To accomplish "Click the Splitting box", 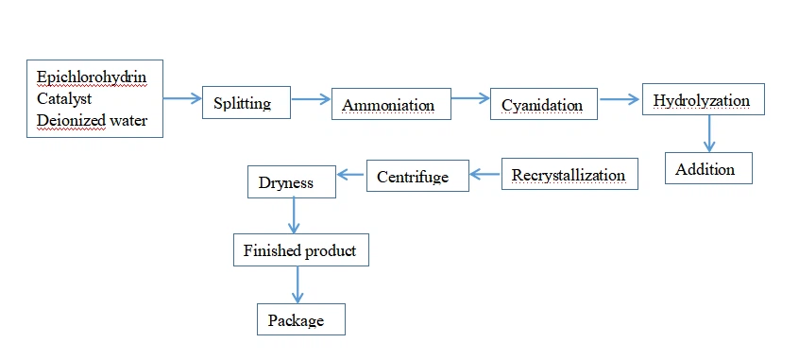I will pyautogui.click(x=242, y=102).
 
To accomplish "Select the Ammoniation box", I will pyautogui.click(x=387, y=104).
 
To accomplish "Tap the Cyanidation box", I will pyautogui.click(x=543, y=104).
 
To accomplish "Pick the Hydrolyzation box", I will pyautogui.click(x=702, y=100).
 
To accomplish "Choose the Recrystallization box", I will pyautogui.click(x=569, y=175).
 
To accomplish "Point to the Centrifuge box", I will pyautogui.click(x=417, y=176).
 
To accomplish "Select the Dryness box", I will pyautogui.click(x=292, y=182).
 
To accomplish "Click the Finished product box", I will pyautogui.click(x=299, y=250).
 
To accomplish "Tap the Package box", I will pyautogui.click(x=300, y=320).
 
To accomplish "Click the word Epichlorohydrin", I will pyautogui.click(x=92, y=77).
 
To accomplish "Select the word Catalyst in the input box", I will pyautogui.click(x=65, y=98).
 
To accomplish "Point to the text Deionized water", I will pyautogui.click(x=92, y=120).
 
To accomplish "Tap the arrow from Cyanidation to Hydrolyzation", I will pyautogui.click(x=620, y=96).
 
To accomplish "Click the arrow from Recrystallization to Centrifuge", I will pyautogui.click(x=484, y=173).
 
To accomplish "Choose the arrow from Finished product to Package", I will pyautogui.click(x=298, y=284).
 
